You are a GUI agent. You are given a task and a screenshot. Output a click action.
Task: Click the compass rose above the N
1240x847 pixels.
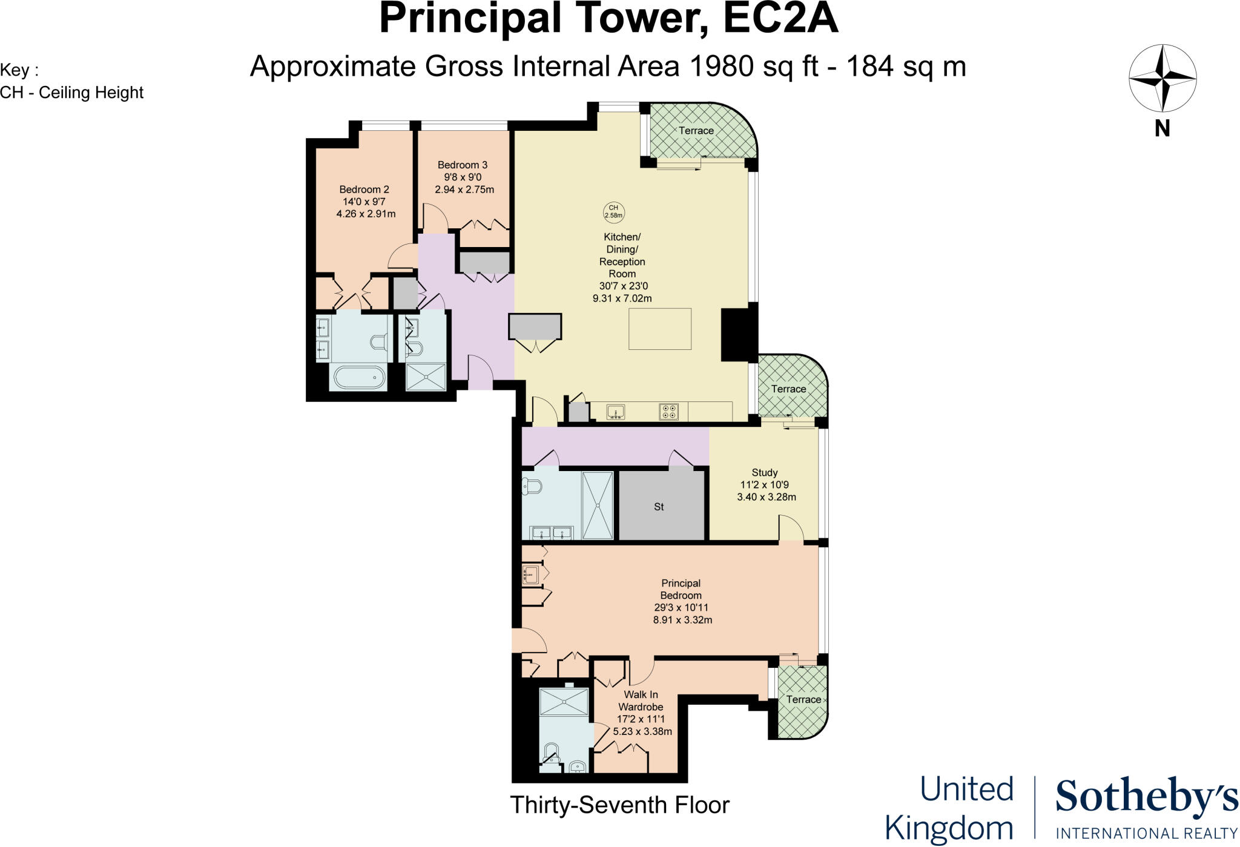tap(1162, 78)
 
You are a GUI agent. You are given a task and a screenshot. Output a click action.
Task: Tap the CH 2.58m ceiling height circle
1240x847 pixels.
tap(613, 211)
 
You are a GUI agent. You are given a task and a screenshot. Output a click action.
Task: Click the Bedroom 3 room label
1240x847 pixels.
tap(464, 177)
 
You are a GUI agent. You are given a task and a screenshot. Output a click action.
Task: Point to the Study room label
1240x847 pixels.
tap(765, 484)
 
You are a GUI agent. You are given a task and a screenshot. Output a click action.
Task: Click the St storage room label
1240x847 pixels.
tap(659, 507)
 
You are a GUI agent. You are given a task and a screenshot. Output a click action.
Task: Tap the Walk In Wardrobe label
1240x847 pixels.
tap(642, 713)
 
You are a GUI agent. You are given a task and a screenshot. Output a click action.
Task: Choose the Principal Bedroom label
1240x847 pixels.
tap(681, 601)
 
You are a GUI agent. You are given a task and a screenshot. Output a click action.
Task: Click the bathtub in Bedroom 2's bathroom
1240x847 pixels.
tap(358, 378)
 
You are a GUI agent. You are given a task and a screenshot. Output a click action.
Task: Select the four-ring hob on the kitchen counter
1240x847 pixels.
tap(669, 412)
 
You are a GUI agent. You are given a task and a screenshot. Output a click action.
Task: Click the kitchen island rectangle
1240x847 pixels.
tap(660, 329)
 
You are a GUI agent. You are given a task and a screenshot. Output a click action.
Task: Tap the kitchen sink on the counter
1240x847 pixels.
tap(616, 412)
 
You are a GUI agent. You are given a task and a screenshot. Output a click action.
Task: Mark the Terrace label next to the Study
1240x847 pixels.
tap(788, 389)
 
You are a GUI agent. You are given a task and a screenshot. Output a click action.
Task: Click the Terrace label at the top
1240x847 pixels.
tap(696, 130)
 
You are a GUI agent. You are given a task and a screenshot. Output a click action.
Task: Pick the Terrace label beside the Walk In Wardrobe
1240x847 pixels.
tap(803, 699)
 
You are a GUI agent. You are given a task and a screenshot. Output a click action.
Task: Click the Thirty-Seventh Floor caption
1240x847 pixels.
tap(619, 805)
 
